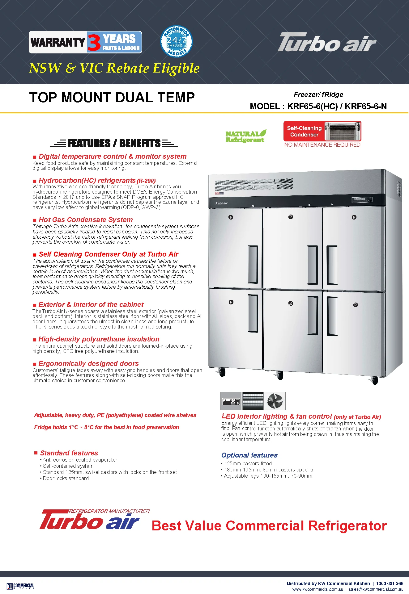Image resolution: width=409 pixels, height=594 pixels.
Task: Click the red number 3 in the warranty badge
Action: (94, 42)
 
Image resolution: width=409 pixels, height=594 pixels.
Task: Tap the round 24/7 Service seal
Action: (176, 41)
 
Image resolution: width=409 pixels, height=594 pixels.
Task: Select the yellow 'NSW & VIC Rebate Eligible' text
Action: (114, 68)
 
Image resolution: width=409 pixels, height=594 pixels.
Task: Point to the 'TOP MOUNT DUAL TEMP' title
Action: (112, 98)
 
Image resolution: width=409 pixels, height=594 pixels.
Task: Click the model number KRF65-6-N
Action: (366, 107)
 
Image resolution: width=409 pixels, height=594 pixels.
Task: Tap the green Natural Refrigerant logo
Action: (246, 136)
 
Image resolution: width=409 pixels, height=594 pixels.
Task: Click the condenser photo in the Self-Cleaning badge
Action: (342, 131)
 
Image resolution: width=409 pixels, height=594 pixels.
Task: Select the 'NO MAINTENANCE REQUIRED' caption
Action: (322, 145)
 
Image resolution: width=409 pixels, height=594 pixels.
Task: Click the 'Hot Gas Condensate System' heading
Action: (86, 220)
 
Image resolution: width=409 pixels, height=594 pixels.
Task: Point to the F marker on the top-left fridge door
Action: (231, 217)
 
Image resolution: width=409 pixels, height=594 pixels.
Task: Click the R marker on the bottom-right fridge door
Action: (356, 305)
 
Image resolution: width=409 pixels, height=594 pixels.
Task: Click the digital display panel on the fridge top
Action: (362, 200)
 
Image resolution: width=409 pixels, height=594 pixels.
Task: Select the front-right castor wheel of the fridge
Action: (375, 380)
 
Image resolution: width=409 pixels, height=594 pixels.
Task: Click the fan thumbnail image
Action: (275, 401)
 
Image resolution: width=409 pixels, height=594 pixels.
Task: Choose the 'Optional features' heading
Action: (249, 455)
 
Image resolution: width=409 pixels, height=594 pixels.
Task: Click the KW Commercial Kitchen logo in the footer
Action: (20, 586)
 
